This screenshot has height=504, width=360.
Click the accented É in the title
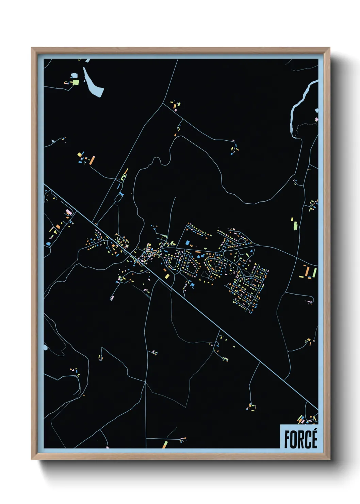314,439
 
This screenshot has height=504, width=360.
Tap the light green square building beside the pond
76,82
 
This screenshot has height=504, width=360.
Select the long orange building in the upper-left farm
92,160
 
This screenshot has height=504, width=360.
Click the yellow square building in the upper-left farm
80,155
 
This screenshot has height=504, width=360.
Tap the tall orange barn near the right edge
308,271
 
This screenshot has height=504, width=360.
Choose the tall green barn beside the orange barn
314,272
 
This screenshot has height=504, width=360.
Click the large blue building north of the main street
187,242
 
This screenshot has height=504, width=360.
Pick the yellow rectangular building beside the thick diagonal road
167,276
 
